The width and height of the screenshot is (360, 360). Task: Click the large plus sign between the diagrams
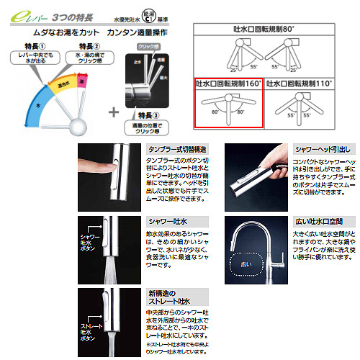[114, 112]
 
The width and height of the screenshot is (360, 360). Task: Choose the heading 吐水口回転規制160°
[228, 84]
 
